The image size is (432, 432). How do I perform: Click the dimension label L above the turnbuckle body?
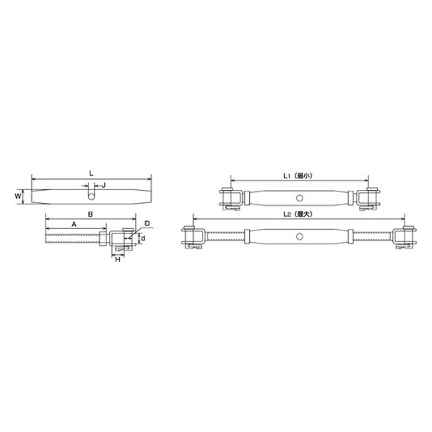click(92, 173)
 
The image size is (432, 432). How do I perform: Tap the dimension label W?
click(18, 196)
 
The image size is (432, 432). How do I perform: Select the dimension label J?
click(103, 186)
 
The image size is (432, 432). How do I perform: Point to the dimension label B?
click(90, 215)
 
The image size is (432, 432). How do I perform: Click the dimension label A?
click(74, 225)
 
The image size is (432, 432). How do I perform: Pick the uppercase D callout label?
click(147, 223)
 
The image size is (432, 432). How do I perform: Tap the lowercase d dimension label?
click(143, 238)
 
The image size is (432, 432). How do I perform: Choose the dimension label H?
click(118, 259)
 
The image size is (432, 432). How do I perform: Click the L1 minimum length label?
click(298, 176)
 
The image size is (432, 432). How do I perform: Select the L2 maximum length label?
click(298, 214)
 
